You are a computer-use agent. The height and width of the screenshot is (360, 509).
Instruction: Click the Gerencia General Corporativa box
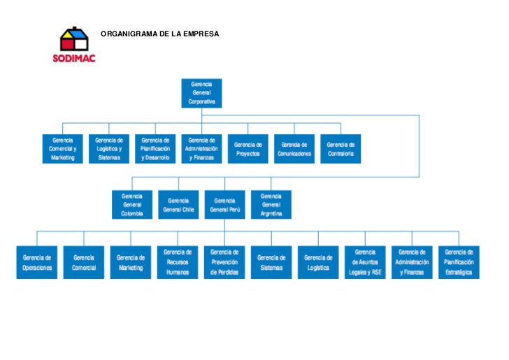(201, 93)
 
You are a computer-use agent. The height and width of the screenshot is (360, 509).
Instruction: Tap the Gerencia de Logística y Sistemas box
(109, 149)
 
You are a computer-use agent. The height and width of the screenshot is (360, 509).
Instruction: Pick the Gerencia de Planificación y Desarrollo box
(155, 149)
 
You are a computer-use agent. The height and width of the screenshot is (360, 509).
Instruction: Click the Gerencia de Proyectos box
(248, 149)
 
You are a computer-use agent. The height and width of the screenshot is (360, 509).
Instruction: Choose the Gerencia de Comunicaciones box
(294, 149)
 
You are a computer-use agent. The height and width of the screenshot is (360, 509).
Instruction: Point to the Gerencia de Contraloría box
(340, 149)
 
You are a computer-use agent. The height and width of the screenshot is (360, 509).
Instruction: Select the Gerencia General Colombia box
(132, 205)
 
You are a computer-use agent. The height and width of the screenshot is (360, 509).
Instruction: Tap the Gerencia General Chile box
(178, 205)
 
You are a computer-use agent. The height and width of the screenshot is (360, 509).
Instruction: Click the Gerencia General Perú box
(224, 205)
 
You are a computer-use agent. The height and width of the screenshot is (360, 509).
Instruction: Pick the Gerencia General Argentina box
(271, 205)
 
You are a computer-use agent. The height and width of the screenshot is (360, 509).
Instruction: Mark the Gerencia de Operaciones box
(37, 262)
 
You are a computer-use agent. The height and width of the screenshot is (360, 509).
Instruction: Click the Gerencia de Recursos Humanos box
(178, 262)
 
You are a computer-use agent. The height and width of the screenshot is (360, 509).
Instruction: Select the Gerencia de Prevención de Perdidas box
(224, 262)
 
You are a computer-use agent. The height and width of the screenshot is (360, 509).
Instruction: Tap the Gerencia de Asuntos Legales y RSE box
(365, 262)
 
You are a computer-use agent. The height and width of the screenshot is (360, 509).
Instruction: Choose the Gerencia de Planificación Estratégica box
(459, 262)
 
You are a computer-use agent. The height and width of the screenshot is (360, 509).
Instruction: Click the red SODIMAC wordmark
(73, 59)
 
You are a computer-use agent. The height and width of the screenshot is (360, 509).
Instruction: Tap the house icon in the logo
(73, 40)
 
